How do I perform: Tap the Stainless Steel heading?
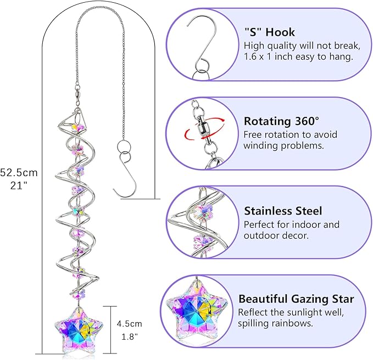(283, 211)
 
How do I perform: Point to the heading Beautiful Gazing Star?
(296, 299)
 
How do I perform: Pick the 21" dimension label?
(19, 185)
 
